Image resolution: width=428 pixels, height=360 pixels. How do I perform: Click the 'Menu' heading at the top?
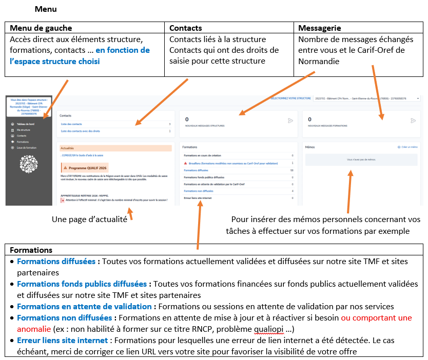46,9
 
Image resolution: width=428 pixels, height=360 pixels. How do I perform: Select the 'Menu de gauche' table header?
41,28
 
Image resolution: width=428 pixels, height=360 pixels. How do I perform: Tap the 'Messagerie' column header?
319,28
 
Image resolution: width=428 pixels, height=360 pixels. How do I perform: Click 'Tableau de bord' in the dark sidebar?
25,124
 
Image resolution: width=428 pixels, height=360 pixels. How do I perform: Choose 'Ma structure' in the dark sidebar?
24,130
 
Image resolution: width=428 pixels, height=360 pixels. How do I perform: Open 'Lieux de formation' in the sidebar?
26,148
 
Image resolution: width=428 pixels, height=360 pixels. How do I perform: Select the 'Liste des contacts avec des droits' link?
81,131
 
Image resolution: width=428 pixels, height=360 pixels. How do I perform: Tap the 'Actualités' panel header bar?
115,148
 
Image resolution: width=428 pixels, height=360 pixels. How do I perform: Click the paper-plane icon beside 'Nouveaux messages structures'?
290,121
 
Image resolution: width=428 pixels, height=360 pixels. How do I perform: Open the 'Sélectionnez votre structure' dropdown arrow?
418,98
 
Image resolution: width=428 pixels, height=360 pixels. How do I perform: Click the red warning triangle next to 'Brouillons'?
185,163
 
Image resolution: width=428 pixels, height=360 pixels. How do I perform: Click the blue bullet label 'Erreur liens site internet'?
62,340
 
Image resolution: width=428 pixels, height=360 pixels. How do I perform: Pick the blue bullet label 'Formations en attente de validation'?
84,306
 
